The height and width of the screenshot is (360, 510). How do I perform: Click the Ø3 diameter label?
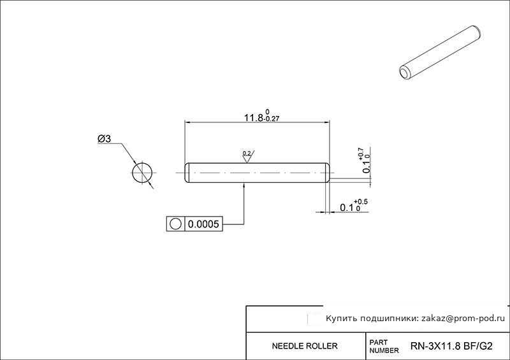click(104, 139)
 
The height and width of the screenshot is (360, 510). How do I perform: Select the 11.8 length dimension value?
click(254, 117)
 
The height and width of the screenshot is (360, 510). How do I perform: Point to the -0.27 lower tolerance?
click(272, 119)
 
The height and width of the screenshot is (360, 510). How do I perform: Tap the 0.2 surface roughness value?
click(247, 153)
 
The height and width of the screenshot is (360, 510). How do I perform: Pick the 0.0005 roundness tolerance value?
click(203, 224)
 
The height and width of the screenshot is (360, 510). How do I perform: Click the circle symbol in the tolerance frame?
click(176, 224)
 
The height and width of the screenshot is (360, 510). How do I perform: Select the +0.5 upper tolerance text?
click(361, 202)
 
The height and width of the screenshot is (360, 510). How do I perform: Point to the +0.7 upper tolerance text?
click(361, 154)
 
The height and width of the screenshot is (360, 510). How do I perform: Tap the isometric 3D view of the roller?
click(440, 53)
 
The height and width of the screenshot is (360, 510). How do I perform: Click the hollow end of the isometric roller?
click(405, 73)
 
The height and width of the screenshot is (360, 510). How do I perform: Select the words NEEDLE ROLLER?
click(305, 346)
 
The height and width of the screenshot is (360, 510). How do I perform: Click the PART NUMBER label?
click(384, 347)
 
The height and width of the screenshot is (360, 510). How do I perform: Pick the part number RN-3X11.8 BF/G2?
click(451, 346)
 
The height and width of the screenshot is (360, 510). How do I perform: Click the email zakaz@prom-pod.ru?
click(463, 319)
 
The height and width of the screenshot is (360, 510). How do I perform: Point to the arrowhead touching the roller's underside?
click(244, 185)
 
